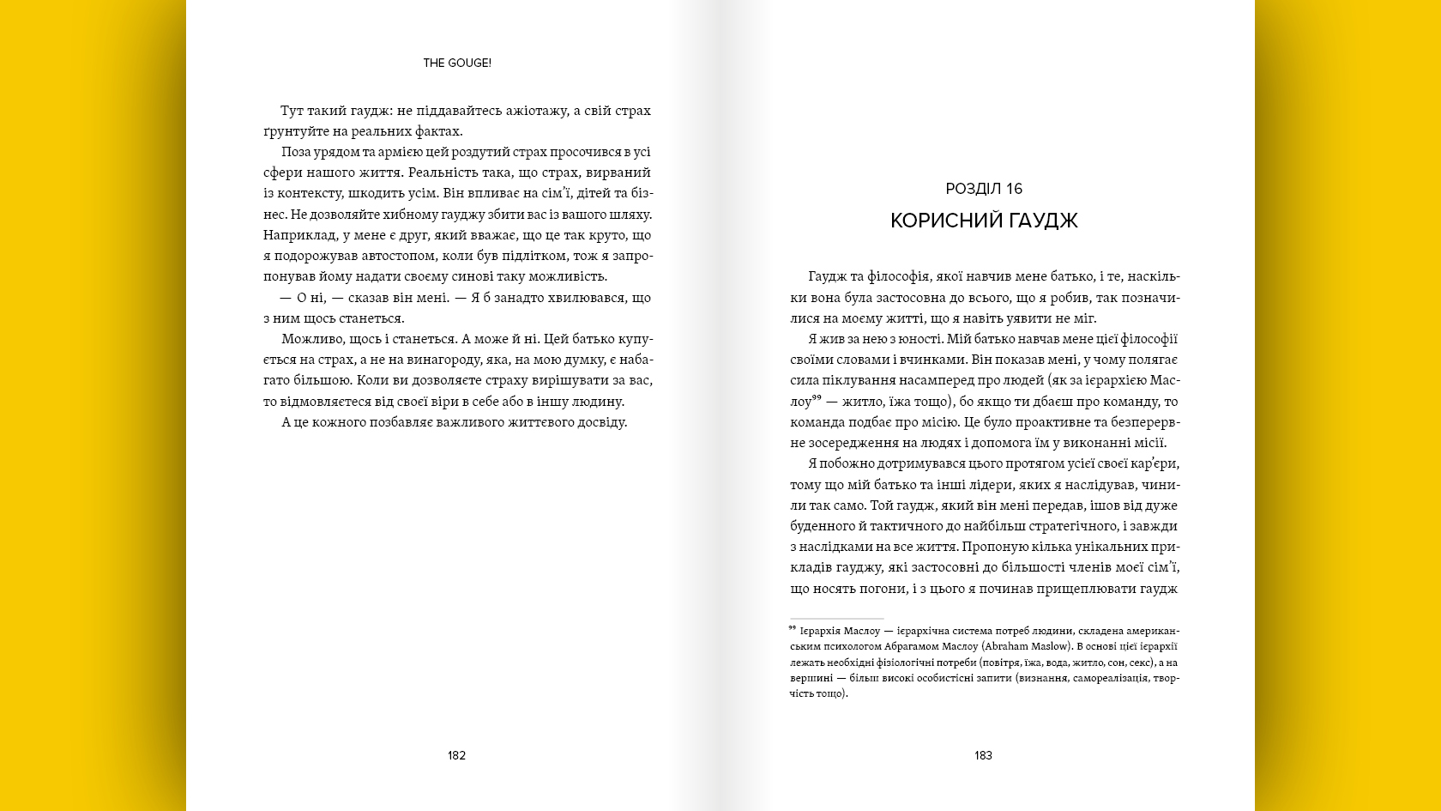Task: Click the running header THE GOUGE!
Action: (456, 63)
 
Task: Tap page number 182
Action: (456, 755)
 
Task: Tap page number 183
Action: (983, 755)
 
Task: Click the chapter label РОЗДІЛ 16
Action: (984, 189)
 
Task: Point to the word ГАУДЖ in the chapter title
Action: (1043, 221)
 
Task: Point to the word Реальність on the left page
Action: (443, 172)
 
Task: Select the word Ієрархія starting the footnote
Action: (820, 631)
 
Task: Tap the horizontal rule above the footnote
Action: (836, 618)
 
